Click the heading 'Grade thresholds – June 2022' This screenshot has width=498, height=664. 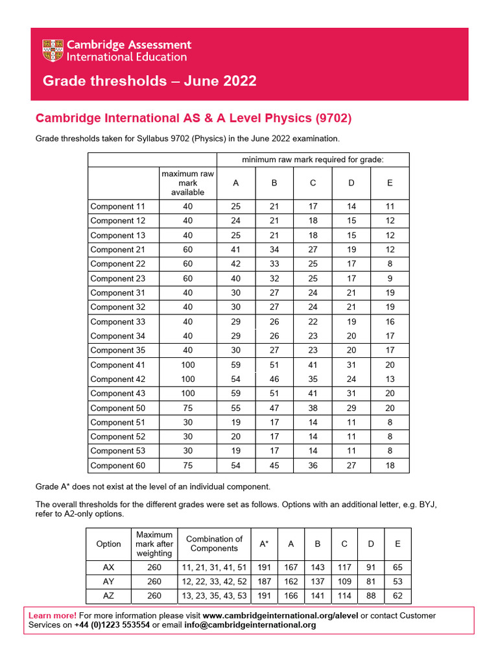tap(149, 81)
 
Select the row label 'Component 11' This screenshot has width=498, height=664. tap(118, 206)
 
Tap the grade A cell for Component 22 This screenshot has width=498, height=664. tap(235, 264)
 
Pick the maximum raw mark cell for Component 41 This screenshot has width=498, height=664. tap(187, 365)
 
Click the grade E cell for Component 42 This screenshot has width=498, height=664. tap(390, 379)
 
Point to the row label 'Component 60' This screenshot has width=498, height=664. tap(118, 466)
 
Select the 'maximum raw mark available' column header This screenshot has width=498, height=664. tap(187, 183)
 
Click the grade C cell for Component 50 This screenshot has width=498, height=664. tap(313, 408)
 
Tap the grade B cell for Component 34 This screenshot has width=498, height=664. tap(274, 336)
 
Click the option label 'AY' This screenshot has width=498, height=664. tap(109, 581)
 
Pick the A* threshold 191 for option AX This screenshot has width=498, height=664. tap(265, 566)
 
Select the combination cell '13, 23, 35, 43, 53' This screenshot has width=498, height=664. tap(215, 595)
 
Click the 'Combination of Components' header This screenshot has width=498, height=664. tap(215, 544)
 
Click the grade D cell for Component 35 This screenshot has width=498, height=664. tap(351, 350)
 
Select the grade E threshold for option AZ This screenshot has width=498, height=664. tap(397, 595)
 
